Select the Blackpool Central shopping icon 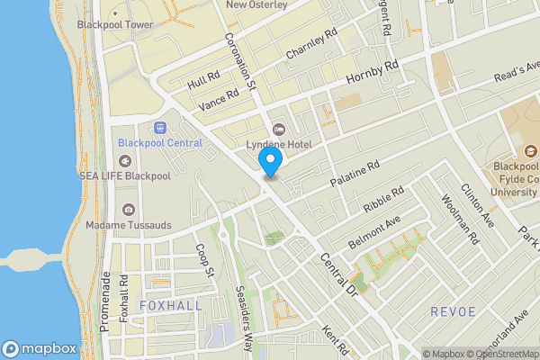(x=161, y=128)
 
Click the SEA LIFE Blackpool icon (x=124, y=161)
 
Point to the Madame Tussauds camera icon (x=130, y=210)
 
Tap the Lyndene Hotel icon (x=277, y=129)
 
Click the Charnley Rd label (x=311, y=43)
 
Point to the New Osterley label (x=256, y=4)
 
